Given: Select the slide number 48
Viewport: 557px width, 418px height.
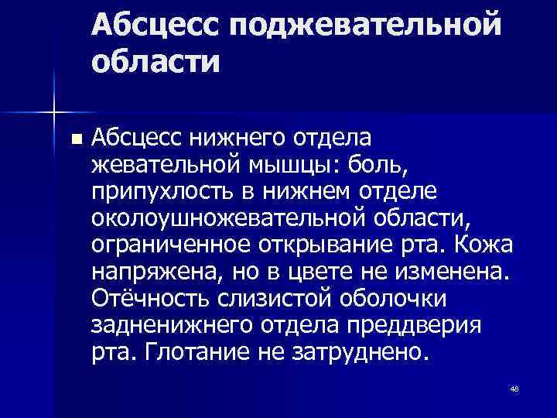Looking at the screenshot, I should coord(514,389).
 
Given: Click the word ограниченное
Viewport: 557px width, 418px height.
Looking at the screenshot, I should coord(169,245).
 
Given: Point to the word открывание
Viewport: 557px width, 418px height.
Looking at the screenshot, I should coord(333,245).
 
